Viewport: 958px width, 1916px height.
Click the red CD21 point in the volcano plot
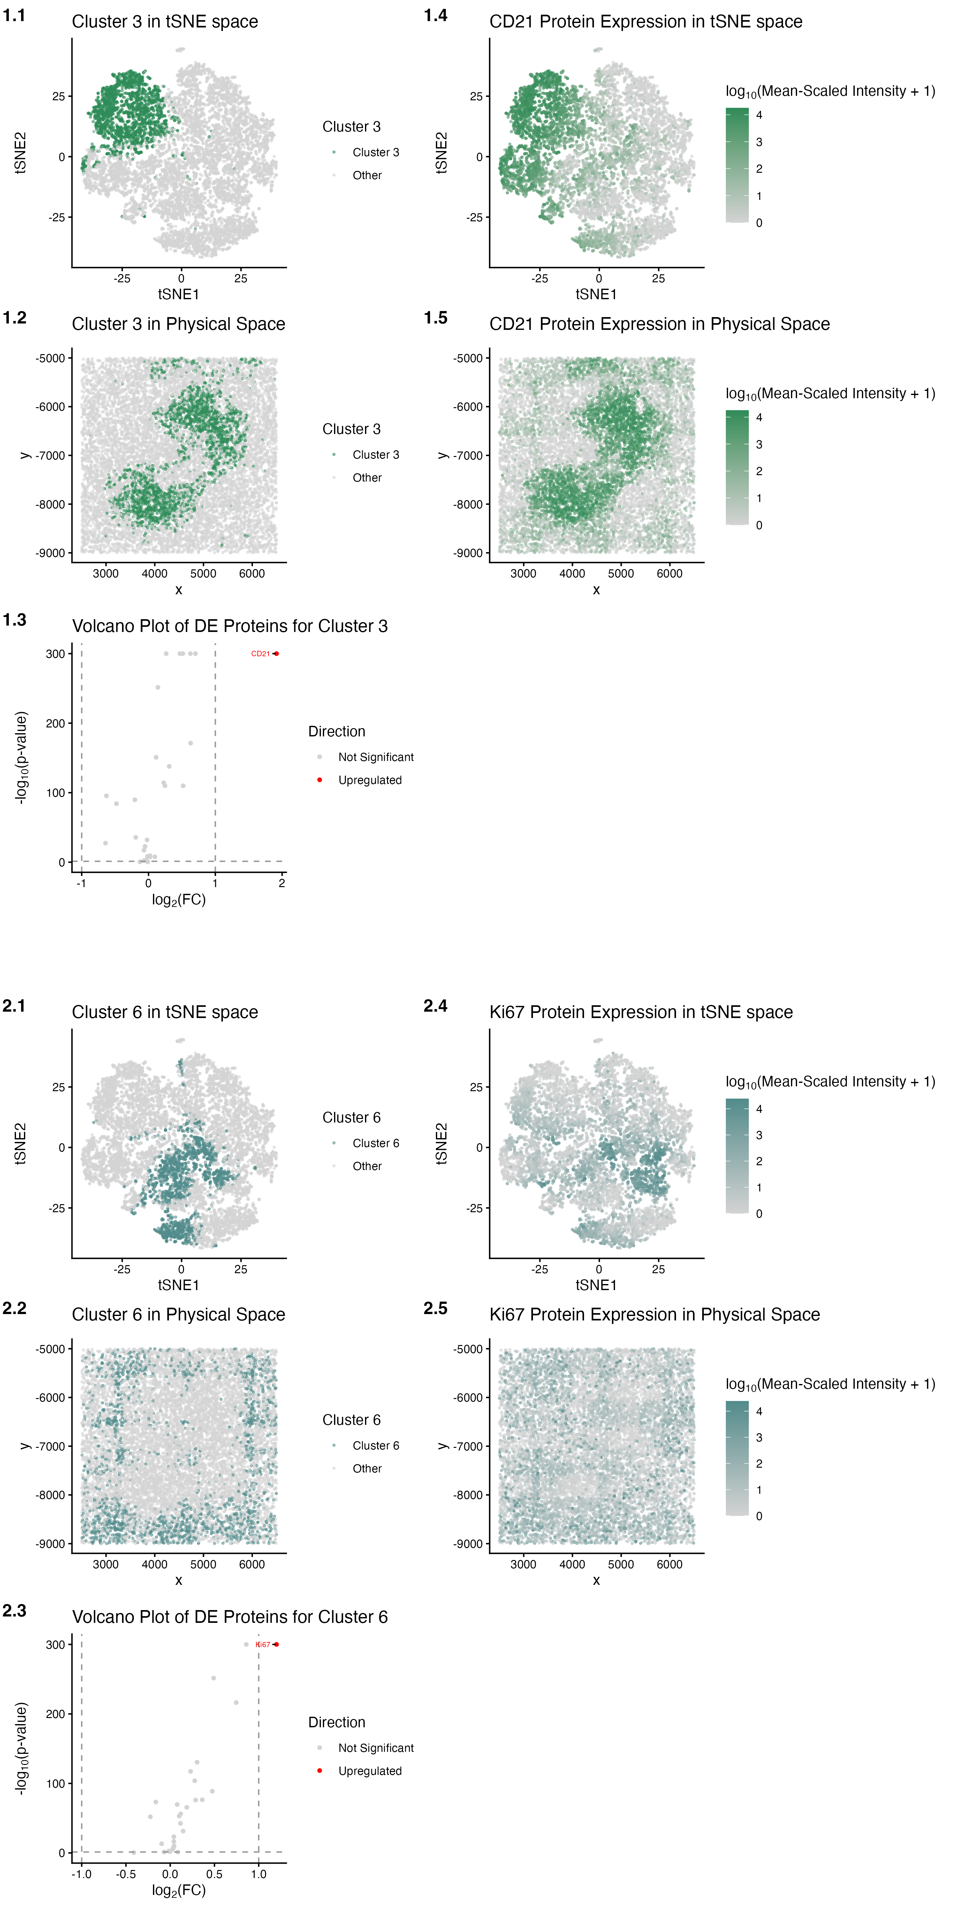pos(276,654)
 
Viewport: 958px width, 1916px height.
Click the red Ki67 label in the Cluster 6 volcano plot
pos(262,1645)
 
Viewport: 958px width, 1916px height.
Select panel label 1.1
pos(14,16)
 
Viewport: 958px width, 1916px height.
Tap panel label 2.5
pos(435,1308)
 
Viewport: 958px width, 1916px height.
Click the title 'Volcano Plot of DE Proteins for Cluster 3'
pos(230,626)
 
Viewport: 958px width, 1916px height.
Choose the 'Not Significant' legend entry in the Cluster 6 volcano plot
pos(376,1748)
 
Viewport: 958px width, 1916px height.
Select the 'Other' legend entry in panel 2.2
pos(367,1468)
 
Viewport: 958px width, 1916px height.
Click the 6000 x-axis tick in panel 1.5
pos(669,574)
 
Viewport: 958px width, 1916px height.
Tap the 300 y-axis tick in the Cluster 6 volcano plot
pos(56,1645)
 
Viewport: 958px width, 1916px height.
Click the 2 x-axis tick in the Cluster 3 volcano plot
pos(282,884)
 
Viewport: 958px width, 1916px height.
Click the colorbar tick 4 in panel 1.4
pos(759,115)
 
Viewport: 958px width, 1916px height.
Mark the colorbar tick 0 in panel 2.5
pos(759,1516)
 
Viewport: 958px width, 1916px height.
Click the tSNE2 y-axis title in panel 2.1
pos(20,1143)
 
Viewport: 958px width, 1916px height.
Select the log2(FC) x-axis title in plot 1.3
pos(179,900)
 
